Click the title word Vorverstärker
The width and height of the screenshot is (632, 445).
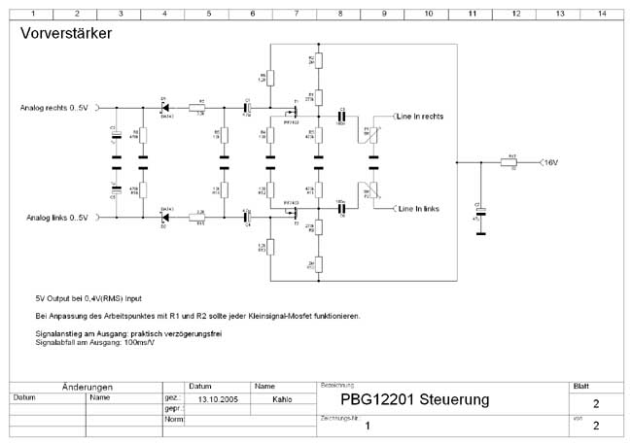65,34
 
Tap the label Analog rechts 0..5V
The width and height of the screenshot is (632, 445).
54,107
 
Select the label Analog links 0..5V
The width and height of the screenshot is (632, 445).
53,218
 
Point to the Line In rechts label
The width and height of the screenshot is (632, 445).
420,117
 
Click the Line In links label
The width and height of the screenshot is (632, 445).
418,208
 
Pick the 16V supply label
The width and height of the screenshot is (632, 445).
551,162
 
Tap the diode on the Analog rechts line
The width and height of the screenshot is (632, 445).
164,107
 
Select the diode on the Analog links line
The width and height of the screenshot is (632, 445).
164,218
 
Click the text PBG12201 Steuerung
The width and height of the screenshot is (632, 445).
415,400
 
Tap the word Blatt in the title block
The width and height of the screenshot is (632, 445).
581,386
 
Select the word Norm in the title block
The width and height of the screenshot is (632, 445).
174,420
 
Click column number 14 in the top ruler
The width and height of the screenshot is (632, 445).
603,13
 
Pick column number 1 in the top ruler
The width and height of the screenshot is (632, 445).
33,13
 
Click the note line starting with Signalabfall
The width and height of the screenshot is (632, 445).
93,343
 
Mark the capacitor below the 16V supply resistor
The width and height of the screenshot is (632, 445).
479,212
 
